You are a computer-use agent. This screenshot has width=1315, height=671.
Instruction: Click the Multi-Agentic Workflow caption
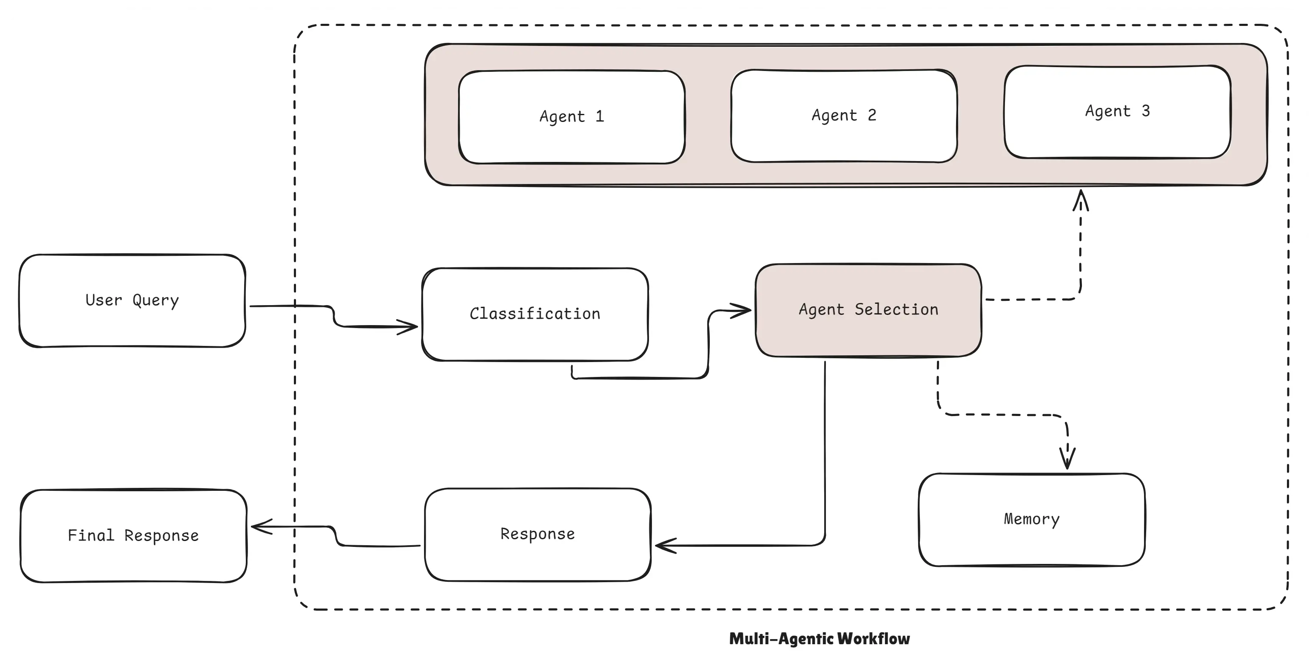819,638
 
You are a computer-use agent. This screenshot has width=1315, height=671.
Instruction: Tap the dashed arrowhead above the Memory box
1067,458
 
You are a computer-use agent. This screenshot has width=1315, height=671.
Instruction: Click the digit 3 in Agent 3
1145,111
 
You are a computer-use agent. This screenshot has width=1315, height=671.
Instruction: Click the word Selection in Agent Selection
897,309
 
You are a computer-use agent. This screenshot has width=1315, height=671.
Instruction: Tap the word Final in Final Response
91,535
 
